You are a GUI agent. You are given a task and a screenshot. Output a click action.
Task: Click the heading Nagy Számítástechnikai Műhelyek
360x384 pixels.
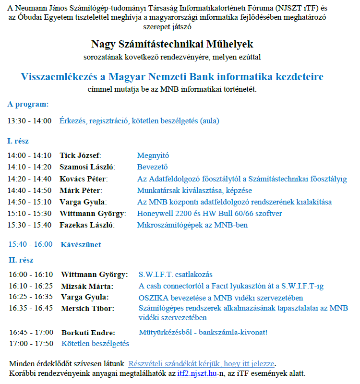coord(172,44)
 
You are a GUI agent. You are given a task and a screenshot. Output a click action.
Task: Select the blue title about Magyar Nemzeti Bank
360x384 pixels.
coord(172,77)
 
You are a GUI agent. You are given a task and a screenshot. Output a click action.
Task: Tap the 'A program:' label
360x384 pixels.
coord(28,104)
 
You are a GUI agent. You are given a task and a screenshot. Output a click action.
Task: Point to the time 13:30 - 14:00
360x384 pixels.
coord(29,121)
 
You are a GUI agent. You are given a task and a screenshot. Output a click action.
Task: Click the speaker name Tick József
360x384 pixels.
coord(81,156)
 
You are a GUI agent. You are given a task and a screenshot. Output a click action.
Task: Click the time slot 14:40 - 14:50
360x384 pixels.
coord(29,191)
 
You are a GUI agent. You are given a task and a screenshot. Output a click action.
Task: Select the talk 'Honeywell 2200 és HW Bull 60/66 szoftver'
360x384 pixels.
coord(210,214)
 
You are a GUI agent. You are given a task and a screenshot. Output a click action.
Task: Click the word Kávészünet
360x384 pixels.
coord(81,244)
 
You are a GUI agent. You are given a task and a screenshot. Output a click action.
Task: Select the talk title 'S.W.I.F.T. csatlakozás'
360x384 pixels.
coord(175,275)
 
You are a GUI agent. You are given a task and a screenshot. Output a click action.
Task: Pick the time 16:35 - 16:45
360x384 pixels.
coord(31,308)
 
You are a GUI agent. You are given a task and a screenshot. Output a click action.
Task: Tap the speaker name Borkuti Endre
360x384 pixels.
coord(88,332)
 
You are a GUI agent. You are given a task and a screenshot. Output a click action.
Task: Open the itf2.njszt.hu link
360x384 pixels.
coord(197,373)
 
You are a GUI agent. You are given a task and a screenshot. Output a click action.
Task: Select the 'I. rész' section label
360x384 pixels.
coord(18,141)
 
